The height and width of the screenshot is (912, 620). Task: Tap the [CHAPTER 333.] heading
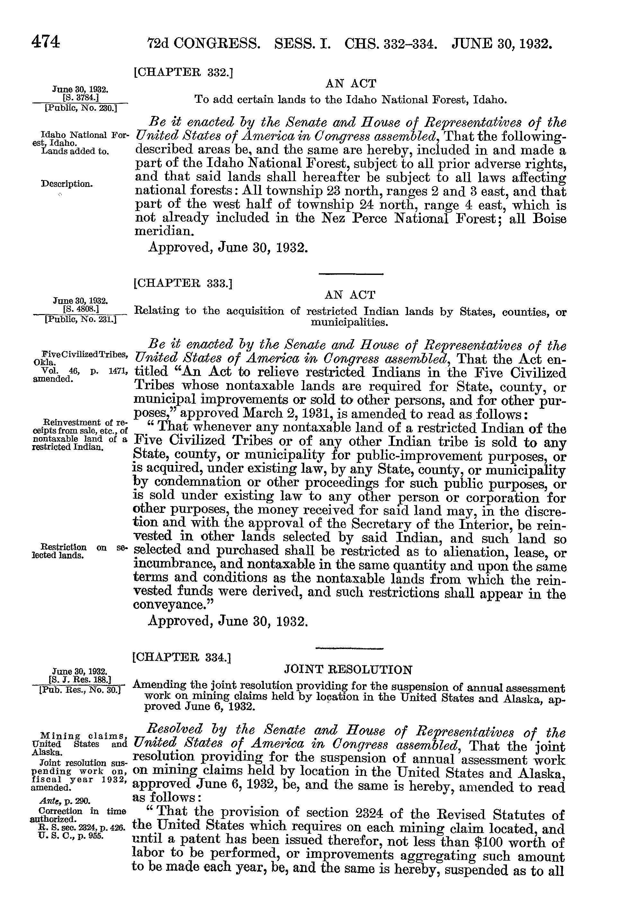point(183,283)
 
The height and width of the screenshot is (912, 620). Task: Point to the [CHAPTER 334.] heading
point(182,657)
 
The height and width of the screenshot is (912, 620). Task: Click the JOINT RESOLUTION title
point(348,670)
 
